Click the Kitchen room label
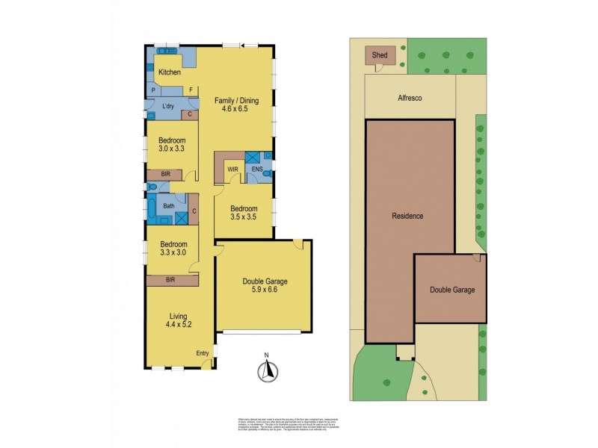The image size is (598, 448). pos(170,72)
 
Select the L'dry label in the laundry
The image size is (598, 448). pos(169,108)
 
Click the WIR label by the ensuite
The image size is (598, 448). pos(232,169)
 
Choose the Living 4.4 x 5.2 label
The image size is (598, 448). pos(179,320)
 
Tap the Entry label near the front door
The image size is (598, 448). pos(203,352)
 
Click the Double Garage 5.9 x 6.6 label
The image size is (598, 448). pos(265,286)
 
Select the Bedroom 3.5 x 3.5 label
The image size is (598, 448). pos(244,213)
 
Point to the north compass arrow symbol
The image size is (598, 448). pos(265,370)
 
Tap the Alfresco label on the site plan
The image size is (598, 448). pos(410,96)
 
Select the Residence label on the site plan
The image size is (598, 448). pos(408,216)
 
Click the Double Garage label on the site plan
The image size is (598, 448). pos(451,290)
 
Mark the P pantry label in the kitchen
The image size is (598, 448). pos(153,90)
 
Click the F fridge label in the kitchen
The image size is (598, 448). pos(191,90)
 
